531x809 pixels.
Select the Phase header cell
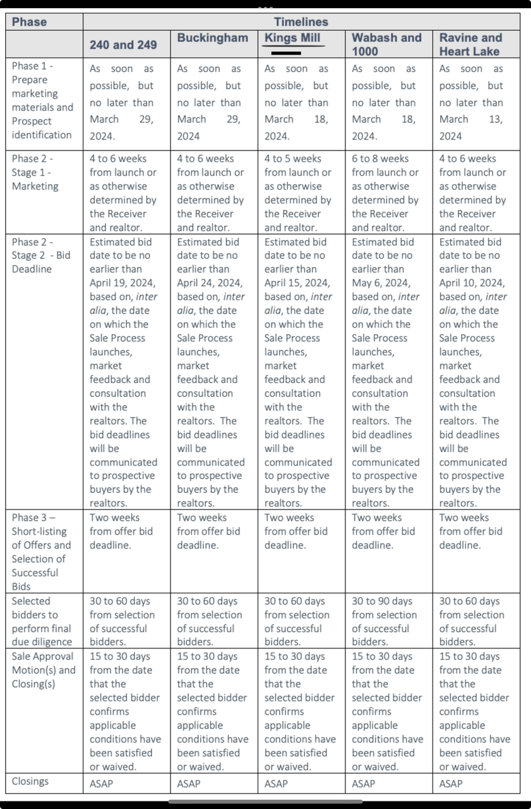29,21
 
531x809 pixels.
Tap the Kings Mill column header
292,38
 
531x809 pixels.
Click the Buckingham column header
213,38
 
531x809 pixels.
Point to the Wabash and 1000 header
386,44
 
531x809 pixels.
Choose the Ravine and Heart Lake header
471,44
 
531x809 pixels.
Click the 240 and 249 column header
123,45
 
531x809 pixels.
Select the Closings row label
30,781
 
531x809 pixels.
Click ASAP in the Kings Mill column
276,784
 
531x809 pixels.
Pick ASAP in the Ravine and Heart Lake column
451,784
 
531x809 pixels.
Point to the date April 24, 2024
210,283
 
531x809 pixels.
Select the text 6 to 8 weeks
380,159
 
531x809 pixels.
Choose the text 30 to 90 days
382,601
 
